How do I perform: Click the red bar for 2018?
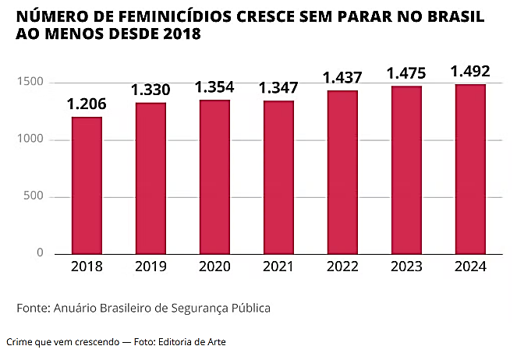click(87, 185)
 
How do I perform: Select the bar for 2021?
click(278, 178)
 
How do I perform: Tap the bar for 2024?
click(470, 169)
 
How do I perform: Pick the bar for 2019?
click(150, 178)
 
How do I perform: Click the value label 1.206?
click(87, 104)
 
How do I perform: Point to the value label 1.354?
click(214, 86)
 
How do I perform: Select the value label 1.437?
click(342, 78)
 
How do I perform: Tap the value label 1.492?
click(470, 72)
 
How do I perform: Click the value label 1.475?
click(406, 74)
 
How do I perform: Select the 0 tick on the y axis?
click(41, 253)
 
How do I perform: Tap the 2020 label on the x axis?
click(214, 266)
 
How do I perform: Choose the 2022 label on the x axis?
click(342, 266)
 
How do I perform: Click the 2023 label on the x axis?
click(406, 266)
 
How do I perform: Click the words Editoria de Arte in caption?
click(191, 342)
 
